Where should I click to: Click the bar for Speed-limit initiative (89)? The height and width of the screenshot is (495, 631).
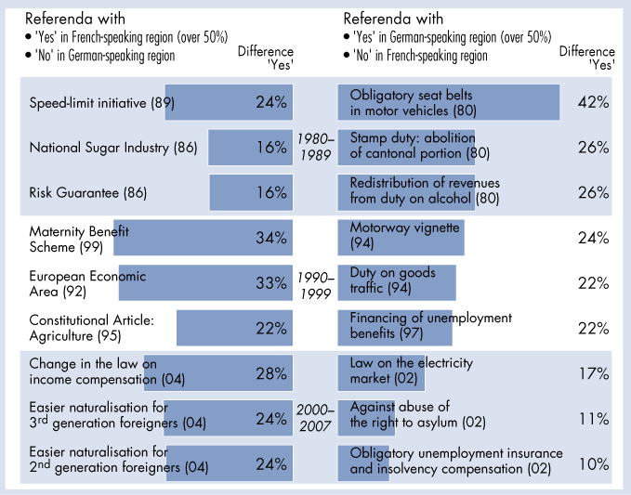pyautogui.click(x=228, y=101)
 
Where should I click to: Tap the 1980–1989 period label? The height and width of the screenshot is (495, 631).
pyautogui.click(x=316, y=147)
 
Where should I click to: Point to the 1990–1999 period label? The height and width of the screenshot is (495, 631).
pyautogui.click(x=316, y=282)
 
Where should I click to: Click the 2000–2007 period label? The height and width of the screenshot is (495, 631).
pyautogui.click(x=316, y=418)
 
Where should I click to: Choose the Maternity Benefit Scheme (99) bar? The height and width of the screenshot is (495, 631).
pyautogui.click(x=203, y=238)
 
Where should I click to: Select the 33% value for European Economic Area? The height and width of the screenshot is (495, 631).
pyautogui.click(x=270, y=282)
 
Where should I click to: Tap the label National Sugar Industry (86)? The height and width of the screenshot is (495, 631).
pyautogui.click(x=99, y=148)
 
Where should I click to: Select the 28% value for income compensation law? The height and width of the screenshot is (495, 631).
pyautogui.click(x=270, y=372)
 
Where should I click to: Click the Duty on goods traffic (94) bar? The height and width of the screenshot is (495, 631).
pyautogui.click(x=397, y=281)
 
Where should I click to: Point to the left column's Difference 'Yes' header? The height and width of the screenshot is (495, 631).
pyautogui.click(x=265, y=58)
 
